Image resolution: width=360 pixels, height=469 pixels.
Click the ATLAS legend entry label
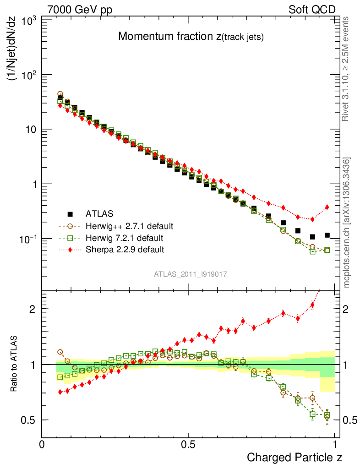[99, 213]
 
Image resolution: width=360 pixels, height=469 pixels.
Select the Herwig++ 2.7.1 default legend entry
[129, 226]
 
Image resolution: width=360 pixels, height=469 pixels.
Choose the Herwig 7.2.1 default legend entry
[125, 238]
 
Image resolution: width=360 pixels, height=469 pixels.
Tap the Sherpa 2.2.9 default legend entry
[125, 250]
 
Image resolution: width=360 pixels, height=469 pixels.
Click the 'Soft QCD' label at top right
[312, 10]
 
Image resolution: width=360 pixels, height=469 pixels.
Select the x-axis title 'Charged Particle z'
[295, 457]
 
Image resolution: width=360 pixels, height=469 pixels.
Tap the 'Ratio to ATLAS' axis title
[15, 364]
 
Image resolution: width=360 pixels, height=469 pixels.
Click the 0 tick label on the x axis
[42, 444]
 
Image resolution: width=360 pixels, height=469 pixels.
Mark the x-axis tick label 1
[335, 444]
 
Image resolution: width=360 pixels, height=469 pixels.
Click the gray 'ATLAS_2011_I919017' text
[190, 274]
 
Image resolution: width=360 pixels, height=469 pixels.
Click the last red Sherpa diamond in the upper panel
[327, 207]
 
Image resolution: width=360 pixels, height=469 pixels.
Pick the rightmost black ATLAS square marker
[327, 235]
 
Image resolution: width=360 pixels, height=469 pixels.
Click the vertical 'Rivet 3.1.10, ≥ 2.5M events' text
[346, 69]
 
